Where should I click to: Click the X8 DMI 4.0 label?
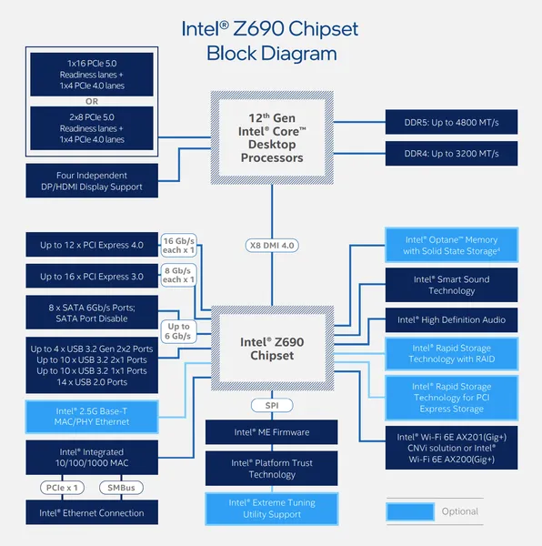pos(272,246)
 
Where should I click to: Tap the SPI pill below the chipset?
pos(272,405)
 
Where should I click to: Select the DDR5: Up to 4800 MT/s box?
pos(451,122)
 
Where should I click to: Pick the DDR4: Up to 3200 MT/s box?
pos(451,154)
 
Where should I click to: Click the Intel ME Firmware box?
pos(271,432)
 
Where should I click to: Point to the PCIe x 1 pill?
pos(62,488)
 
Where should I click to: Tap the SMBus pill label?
pos(121,488)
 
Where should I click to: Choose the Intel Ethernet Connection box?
pos(92,512)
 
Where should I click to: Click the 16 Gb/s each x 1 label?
pos(178,245)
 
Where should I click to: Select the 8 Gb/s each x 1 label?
pos(178,275)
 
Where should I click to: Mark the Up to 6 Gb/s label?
pos(178,331)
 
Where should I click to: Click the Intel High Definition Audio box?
pos(451,320)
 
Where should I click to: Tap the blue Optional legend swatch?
pos(410,511)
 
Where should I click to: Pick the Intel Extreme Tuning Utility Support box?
pos(272,509)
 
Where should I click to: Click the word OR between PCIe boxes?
pos(92,101)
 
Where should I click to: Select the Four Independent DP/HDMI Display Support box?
pos(92,181)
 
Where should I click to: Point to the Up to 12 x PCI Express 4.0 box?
pos(92,245)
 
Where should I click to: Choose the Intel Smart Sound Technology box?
pos(451,285)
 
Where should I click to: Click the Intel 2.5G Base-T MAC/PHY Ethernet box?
pos(92,417)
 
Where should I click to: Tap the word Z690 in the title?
pos(258,28)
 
